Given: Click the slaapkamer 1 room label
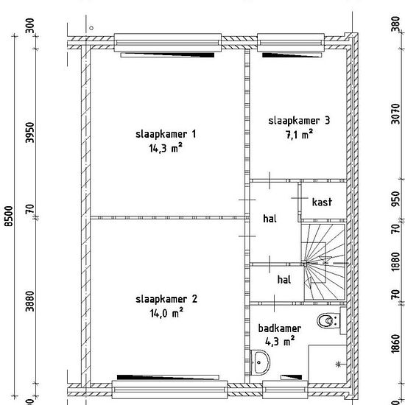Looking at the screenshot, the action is pos(166,134).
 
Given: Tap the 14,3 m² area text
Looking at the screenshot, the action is pos(166,148).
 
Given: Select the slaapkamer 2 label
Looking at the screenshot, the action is pos(166,299).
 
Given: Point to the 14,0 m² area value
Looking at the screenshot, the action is pos(166,313).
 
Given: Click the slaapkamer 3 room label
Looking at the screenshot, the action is pos(299,121).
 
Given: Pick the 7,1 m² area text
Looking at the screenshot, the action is pos(299,134).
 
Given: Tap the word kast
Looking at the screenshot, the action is pos(322,202).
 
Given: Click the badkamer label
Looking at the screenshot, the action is pos(280,328).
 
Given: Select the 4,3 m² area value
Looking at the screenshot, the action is pos(280,342).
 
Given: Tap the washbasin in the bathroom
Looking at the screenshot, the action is pos(260,362).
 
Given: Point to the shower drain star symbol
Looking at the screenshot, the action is pos(339,364).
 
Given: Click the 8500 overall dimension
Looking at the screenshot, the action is pos(9,216).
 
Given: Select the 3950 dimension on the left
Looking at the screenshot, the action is pos(30,133).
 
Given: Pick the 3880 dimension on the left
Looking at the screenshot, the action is pos(30,301).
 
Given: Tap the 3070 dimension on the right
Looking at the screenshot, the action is pos(395,114).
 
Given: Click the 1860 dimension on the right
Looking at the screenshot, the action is pos(395,343).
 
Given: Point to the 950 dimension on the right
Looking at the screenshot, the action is pos(395,199).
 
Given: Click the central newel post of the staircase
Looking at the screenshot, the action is pos(305,264).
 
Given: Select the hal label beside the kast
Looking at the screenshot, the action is pos(270,219).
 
